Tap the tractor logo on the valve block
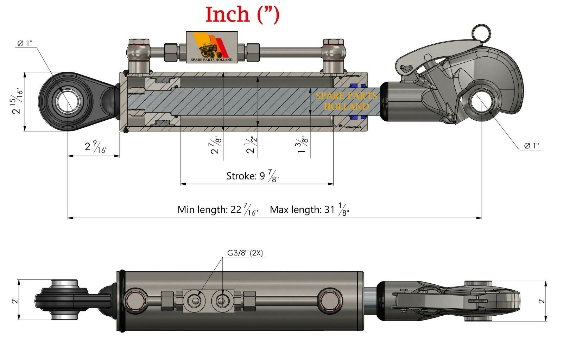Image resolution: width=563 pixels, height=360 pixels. tap(211, 48)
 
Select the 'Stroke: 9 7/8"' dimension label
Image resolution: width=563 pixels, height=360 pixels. tap(252, 176)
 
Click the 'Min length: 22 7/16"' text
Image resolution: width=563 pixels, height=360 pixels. tap(217, 210)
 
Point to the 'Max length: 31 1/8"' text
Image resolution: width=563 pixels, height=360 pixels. tap(309, 210)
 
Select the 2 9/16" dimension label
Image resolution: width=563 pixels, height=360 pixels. tap(96, 147)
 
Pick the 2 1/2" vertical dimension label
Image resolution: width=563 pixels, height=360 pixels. tap(251, 145)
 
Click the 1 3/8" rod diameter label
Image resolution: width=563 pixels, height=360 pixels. tap(302, 145)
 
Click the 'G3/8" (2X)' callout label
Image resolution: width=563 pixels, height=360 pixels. tap(245, 253)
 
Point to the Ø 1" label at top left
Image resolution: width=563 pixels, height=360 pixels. tap(25, 43)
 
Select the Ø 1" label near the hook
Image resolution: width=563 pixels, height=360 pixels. tap(531, 146)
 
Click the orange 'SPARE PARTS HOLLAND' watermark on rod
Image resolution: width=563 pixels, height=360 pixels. tap(346, 101)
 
